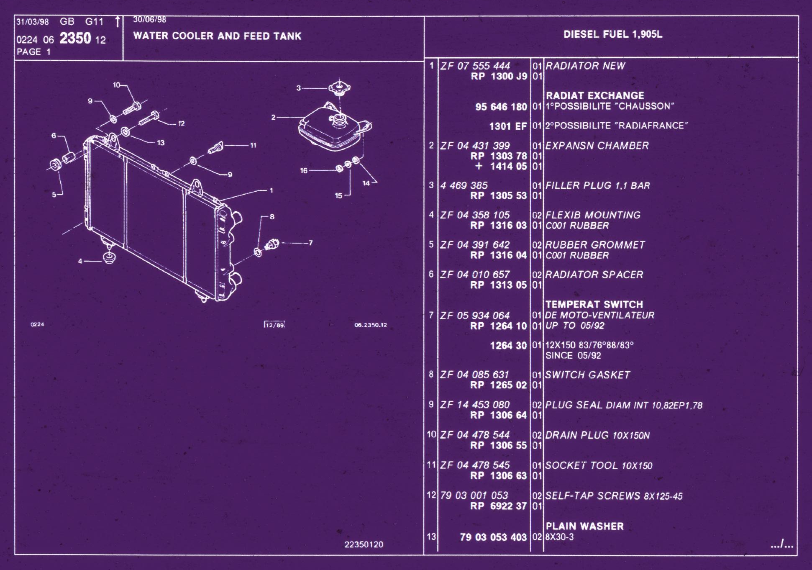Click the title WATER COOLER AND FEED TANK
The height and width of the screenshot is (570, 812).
[217, 36]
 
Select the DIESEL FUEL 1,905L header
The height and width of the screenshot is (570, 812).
[613, 34]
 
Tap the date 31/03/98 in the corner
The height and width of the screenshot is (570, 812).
[32, 22]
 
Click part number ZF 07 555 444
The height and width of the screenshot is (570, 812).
[475, 66]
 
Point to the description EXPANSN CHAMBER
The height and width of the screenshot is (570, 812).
[597, 146]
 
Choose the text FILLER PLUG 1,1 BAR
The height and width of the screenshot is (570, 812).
[597, 185]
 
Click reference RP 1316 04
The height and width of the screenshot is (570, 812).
[498, 255]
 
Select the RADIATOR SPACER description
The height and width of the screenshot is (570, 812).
[594, 275]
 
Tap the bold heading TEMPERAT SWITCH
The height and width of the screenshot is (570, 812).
[594, 304]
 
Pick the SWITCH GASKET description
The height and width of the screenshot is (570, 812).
[587, 375]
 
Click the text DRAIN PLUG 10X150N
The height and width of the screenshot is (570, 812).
[597, 435]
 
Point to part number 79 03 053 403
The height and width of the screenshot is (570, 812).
[493, 537]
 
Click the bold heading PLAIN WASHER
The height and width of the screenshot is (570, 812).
[584, 526]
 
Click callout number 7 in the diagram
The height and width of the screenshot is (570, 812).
[310, 243]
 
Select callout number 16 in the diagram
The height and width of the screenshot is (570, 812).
[304, 170]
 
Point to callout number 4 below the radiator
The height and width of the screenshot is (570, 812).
[80, 261]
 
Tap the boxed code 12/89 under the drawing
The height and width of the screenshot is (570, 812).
[274, 325]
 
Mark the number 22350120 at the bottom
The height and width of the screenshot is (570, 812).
[364, 544]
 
